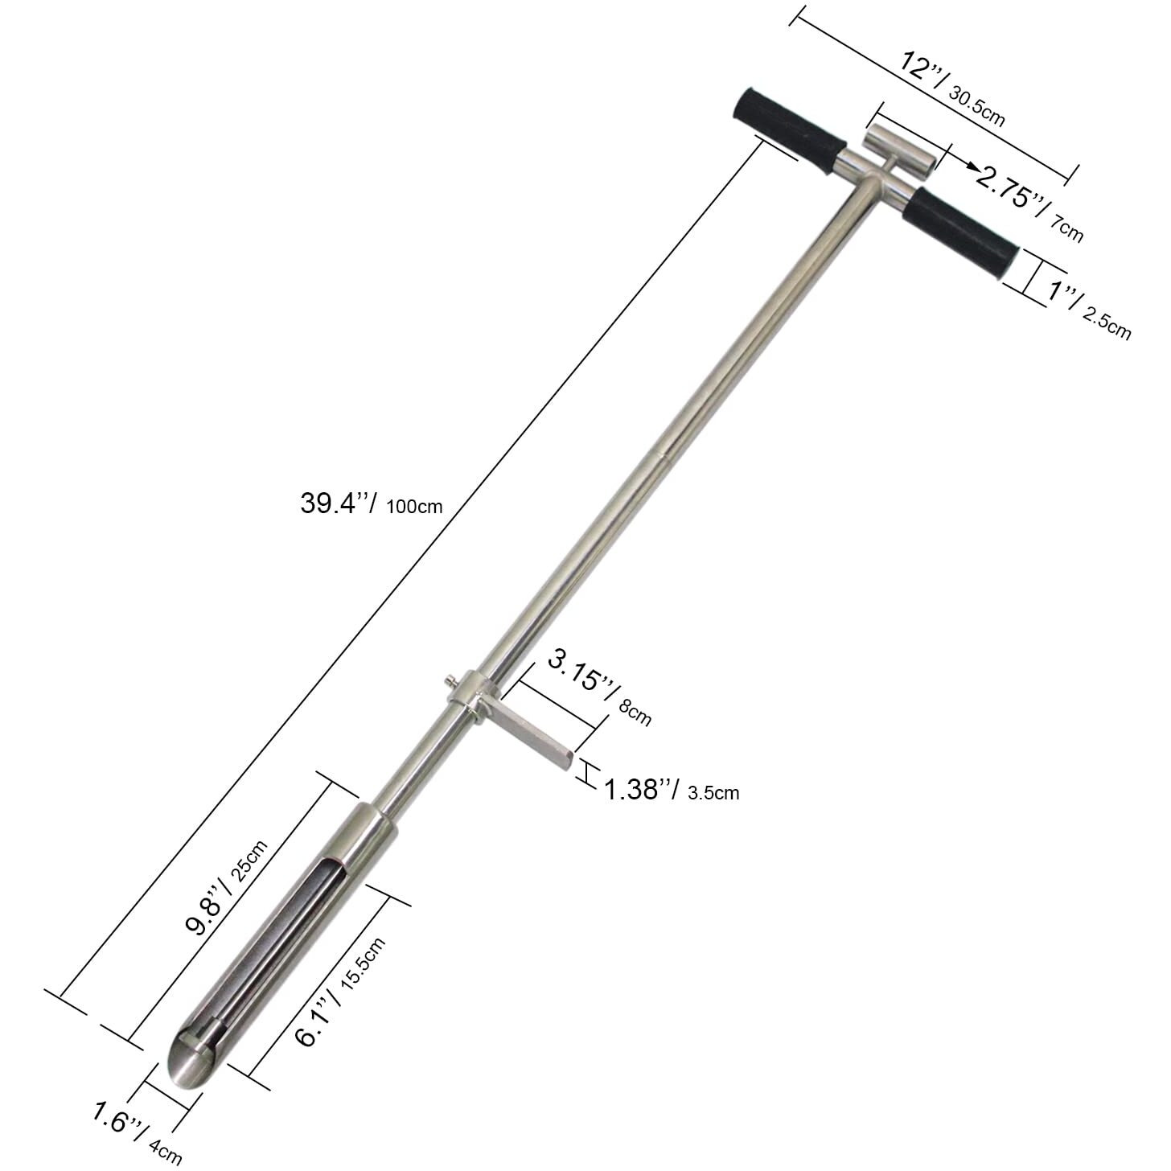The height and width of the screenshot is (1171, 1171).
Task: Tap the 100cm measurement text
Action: (x=414, y=507)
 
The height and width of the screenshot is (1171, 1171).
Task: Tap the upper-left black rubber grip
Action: (x=789, y=131)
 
